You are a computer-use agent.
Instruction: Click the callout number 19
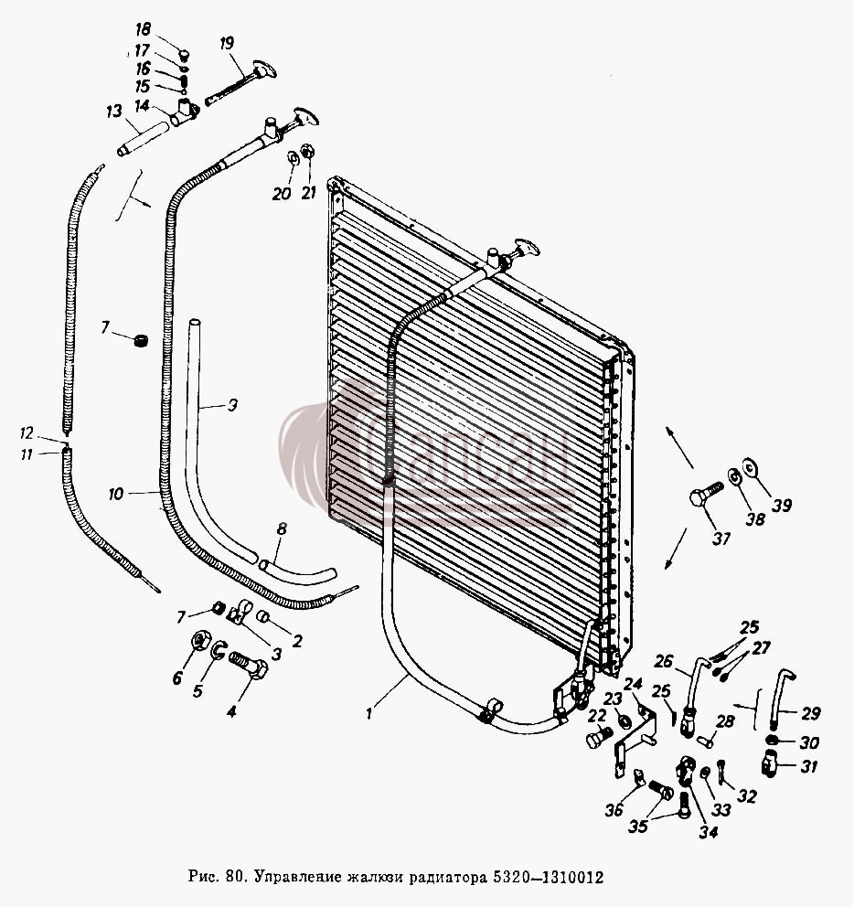[x=227, y=43]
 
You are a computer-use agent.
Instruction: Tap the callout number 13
[x=114, y=111]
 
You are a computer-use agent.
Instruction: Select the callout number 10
[x=116, y=494]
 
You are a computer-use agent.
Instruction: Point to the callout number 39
[x=782, y=506]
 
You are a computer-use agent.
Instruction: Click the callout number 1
[x=369, y=713]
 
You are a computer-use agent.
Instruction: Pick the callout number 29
[x=811, y=713]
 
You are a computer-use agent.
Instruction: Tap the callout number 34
[x=709, y=832]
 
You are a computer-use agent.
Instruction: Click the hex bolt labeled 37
[x=707, y=496]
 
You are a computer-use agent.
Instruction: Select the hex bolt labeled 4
[x=249, y=666]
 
